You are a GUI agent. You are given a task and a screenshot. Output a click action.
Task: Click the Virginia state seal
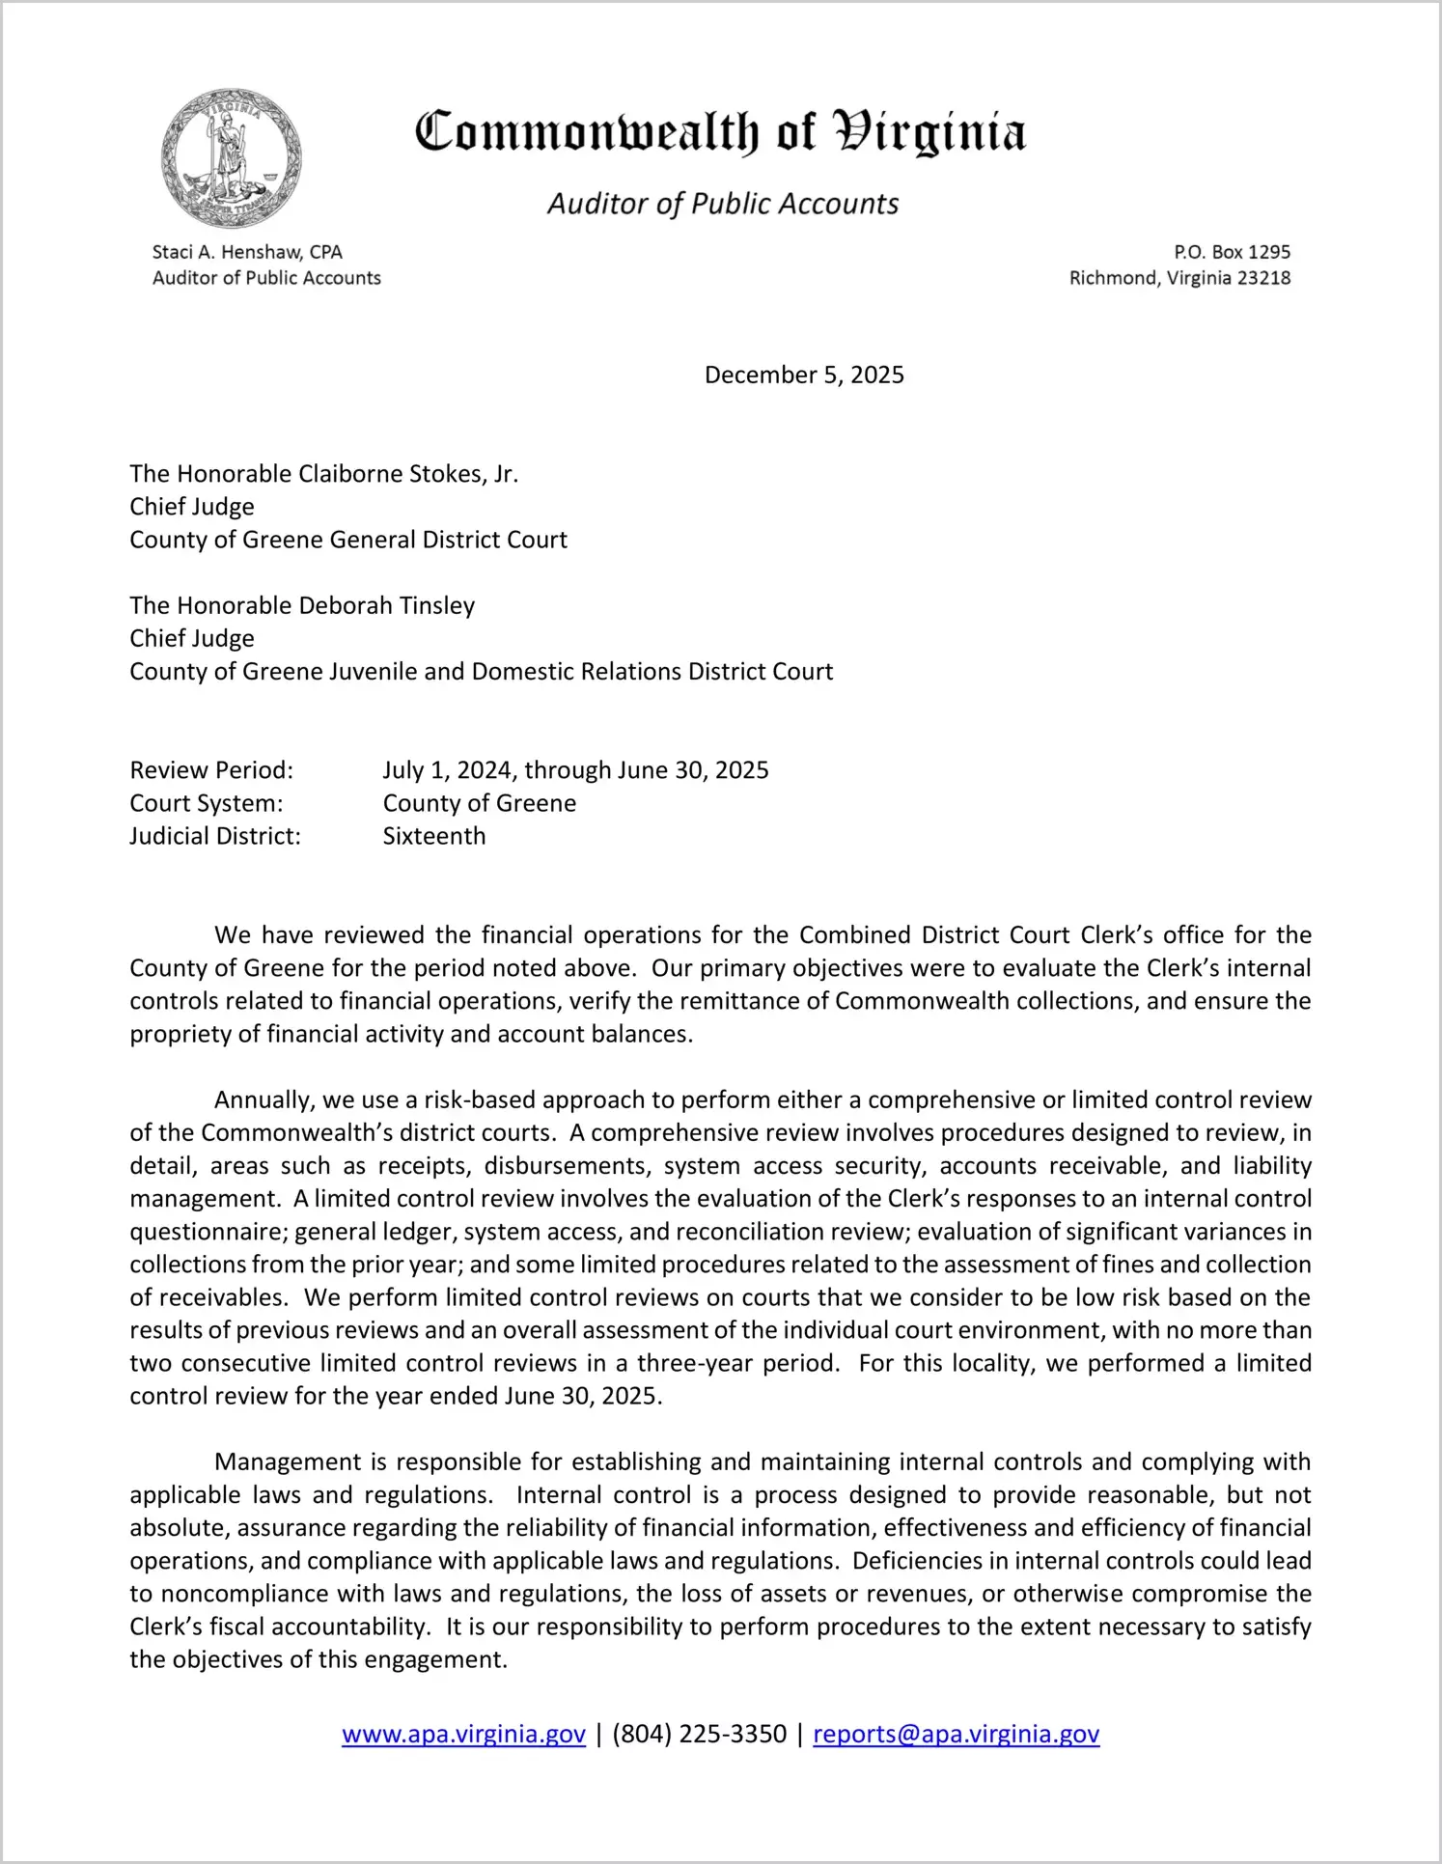231,158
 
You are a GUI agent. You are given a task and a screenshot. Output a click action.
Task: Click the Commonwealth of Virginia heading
720,133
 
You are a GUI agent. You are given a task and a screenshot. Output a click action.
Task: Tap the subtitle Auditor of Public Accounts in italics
723,204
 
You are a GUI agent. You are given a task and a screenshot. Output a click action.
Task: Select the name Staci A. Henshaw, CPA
247,252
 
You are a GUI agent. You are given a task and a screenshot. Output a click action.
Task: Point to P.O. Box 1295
1232,252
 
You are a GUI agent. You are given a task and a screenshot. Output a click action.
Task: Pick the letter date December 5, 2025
804,375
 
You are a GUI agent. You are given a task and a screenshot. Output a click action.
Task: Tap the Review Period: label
211,770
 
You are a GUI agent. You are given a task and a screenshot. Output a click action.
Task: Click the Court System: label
207,803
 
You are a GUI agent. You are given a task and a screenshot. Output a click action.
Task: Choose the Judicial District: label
215,836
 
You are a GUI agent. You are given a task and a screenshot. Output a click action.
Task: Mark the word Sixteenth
434,836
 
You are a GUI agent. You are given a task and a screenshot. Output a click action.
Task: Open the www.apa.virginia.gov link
463,1735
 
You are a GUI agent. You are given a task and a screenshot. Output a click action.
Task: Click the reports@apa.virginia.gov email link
956,1735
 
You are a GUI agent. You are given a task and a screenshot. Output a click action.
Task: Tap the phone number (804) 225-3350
699,1735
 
